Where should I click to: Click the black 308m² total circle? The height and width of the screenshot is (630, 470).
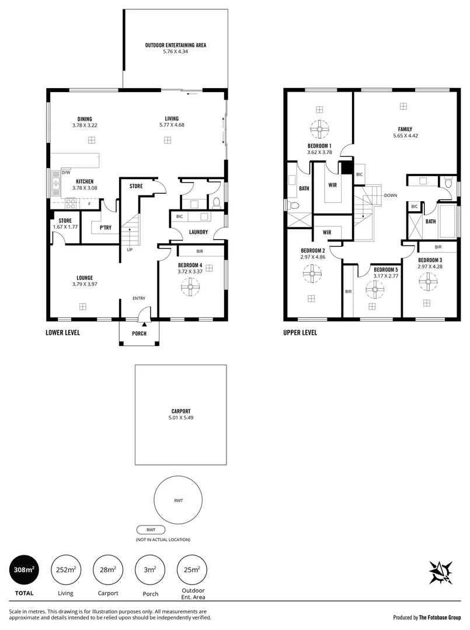(x=25, y=569)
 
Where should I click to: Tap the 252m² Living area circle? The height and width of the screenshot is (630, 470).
(x=66, y=569)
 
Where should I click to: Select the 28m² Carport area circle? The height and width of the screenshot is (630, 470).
(x=107, y=569)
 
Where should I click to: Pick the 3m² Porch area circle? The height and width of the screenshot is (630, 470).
(x=149, y=569)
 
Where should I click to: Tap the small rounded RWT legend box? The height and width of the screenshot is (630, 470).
(x=151, y=530)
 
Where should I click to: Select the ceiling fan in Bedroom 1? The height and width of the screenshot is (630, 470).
(x=319, y=128)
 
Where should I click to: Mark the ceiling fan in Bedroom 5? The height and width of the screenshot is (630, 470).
(x=373, y=288)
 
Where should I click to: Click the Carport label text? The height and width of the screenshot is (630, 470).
(x=180, y=411)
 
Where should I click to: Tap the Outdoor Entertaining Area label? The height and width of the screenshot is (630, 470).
(x=175, y=45)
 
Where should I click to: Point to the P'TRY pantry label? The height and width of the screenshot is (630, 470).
(x=105, y=228)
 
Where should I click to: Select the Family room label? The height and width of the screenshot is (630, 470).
(x=405, y=129)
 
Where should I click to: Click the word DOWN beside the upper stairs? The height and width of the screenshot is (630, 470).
(x=391, y=195)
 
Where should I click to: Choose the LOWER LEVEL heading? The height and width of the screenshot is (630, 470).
(x=62, y=332)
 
